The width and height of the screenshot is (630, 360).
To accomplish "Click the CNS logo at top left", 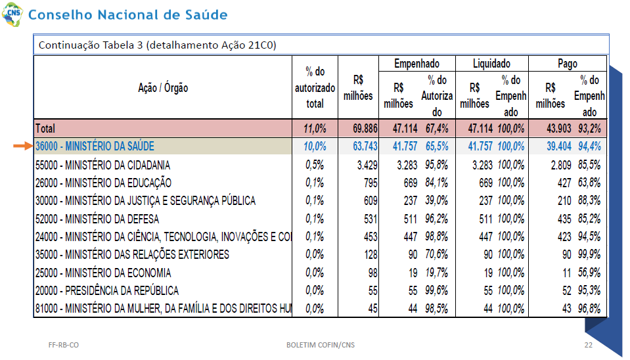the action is tap(12, 14).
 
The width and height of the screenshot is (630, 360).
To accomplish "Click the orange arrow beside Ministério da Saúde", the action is tap(23, 146).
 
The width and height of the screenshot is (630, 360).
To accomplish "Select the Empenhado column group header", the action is tap(416, 64).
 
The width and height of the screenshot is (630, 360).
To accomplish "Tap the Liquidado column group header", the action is tap(491, 64).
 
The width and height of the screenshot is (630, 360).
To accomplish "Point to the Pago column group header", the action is tap(568, 64).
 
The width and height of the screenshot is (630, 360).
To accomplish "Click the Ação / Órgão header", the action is tap(163, 87).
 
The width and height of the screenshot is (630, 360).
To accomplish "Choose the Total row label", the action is tap(45, 129).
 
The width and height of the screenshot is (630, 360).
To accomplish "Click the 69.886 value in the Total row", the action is tap(365, 129).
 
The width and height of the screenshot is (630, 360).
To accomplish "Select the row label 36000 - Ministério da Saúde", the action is tap(95, 146).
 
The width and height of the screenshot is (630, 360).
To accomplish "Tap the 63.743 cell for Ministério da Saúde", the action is tap(365, 146).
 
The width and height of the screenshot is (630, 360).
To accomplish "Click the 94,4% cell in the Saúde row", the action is tap(589, 146).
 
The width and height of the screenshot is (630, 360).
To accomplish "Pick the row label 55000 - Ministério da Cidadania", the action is tap(102, 165).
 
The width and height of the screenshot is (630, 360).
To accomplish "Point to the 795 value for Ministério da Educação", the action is tap(371, 183).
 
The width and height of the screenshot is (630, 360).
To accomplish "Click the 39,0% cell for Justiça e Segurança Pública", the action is tap(437, 200).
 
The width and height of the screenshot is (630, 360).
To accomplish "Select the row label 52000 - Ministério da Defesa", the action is tap(97, 219).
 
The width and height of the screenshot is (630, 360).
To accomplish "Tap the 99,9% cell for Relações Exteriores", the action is tap(589, 254).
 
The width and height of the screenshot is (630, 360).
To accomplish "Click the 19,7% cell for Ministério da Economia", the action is tap(437, 273).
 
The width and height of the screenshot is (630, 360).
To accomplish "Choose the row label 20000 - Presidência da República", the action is tap(107, 290).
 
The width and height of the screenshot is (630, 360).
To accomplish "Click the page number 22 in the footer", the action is tap(588, 345).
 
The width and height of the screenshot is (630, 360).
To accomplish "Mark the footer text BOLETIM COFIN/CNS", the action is tap(320, 345).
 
